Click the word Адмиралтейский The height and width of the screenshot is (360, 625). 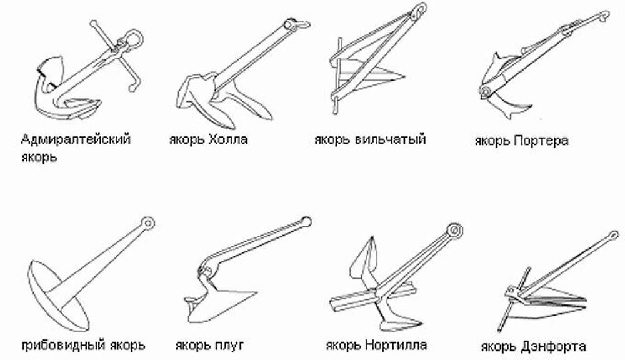pos(76,140)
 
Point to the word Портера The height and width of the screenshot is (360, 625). pos(541,141)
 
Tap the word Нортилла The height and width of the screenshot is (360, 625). pos(396,344)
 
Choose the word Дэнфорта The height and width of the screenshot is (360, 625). pos(554,346)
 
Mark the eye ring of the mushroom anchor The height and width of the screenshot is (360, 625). pos(148,222)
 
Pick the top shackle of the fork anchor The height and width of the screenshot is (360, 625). pos(418,11)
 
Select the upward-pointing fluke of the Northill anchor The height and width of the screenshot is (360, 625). pos(364,261)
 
